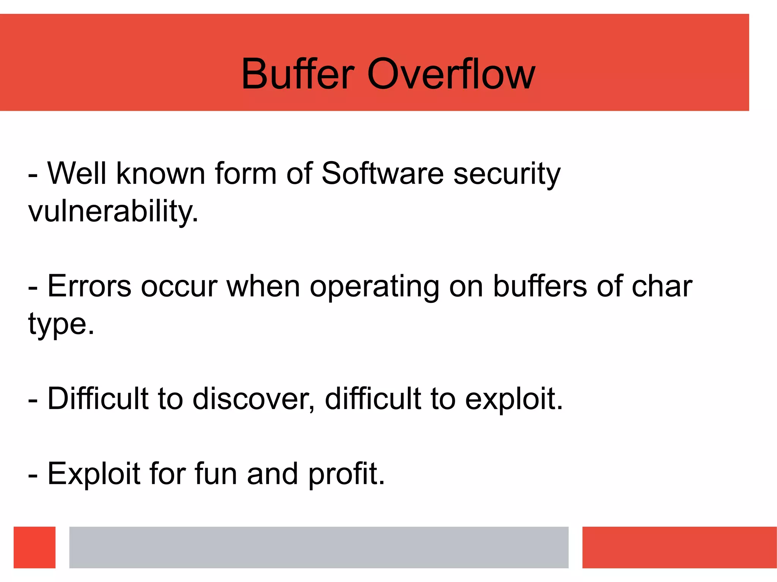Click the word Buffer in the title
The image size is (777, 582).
pos(298,74)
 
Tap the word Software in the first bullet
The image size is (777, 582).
pos(382,174)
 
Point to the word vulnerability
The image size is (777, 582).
pos(113,211)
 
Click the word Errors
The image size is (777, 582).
pos(89,286)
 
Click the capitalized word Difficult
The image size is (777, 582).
pos(98,398)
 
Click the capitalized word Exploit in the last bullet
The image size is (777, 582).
pos(94,474)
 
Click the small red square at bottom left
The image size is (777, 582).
pos(35,547)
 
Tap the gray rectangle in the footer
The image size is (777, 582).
pos(319,547)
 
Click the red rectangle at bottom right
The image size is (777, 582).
pos(679,547)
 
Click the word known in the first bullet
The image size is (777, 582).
pos(160,174)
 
